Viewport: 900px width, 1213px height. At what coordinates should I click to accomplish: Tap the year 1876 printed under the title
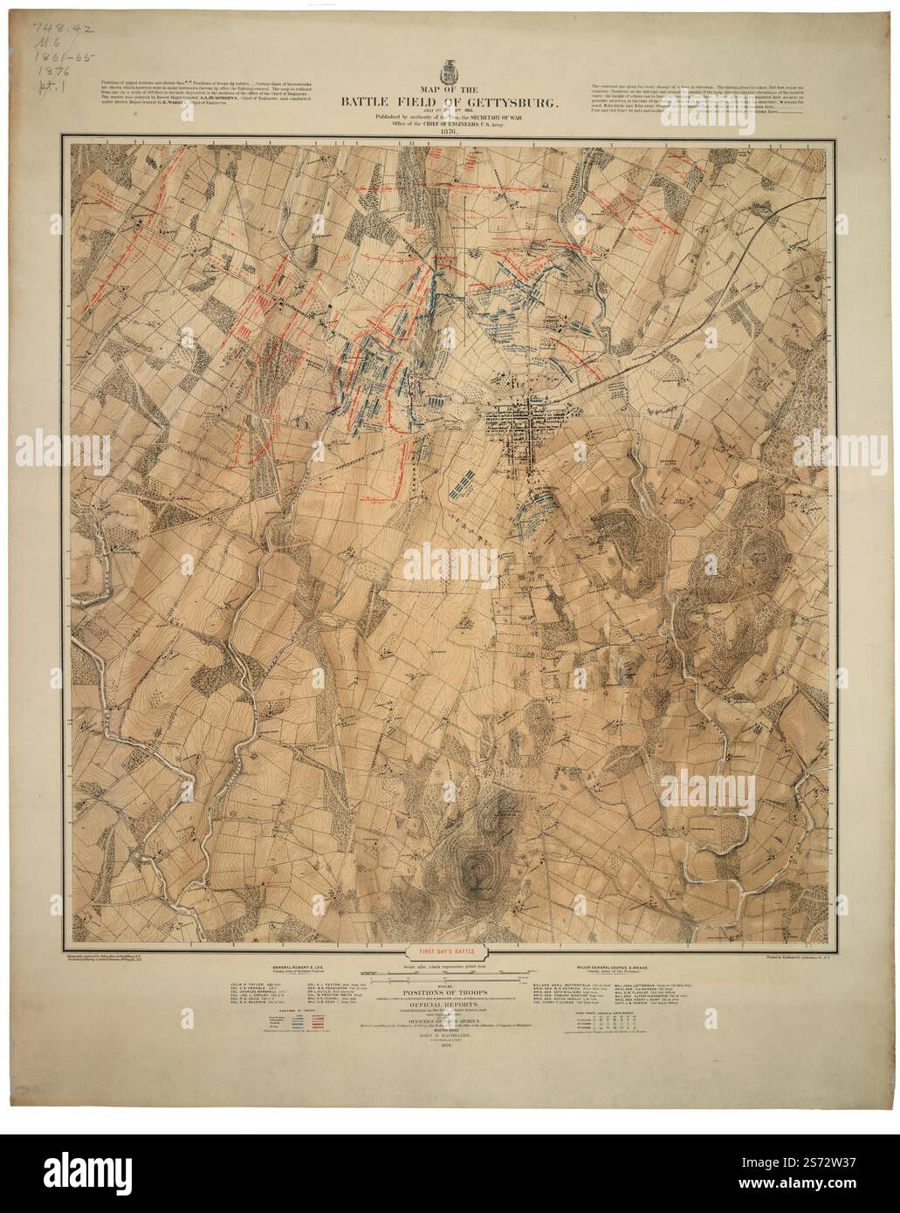point(450,133)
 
